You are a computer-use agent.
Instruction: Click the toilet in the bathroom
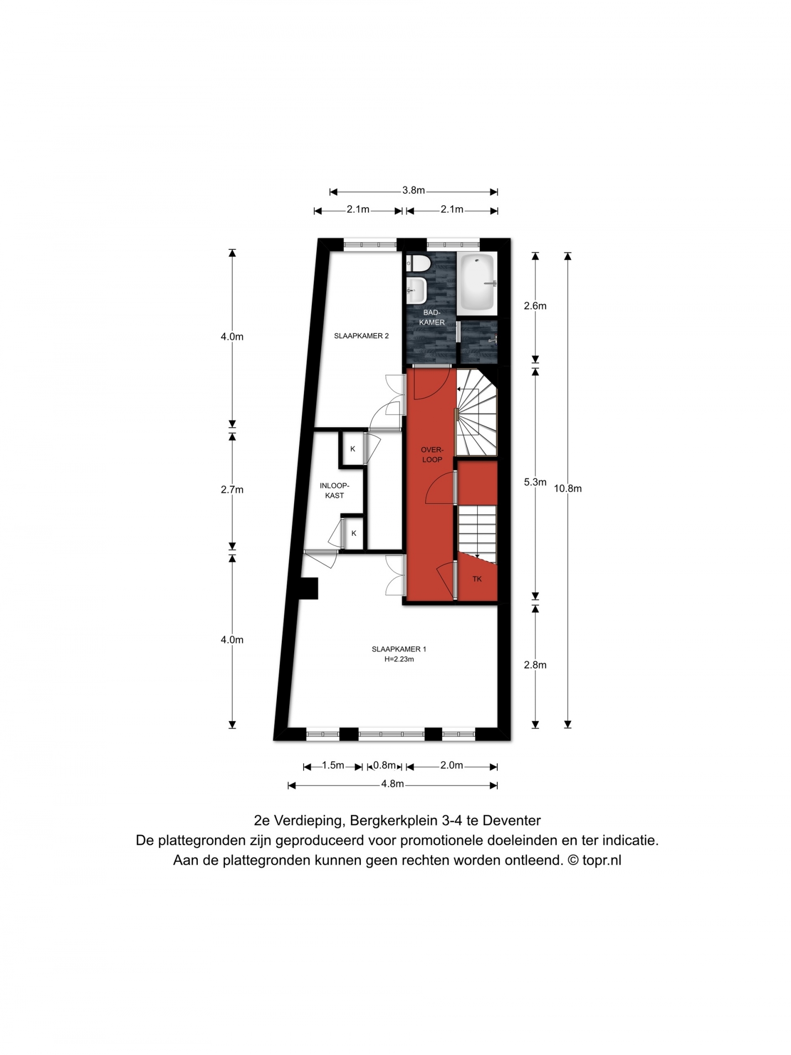coord(418,263)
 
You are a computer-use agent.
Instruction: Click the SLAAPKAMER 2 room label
coord(361,336)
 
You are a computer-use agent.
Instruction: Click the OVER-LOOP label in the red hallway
coord(432,455)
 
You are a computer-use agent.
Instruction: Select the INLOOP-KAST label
coord(335,490)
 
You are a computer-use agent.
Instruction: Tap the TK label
coord(477,579)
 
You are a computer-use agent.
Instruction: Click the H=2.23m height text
coord(399,659)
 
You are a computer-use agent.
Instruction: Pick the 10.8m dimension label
coord(568,489)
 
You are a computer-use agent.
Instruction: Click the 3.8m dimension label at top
coord(413,190)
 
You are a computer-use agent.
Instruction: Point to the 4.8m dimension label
coord(393,784)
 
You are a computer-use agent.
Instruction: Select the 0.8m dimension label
coord(384,766)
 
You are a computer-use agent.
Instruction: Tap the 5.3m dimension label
coord(535,482)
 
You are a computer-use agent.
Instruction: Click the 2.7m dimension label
coord(232,490)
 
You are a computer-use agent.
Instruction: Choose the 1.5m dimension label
coord(333,766)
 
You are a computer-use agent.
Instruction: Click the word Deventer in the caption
coord(512,821)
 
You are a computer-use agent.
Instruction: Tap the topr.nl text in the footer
coord(602,861)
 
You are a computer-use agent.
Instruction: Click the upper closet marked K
coord(352,449)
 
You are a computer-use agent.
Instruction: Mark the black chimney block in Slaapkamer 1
coord(309,589)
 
